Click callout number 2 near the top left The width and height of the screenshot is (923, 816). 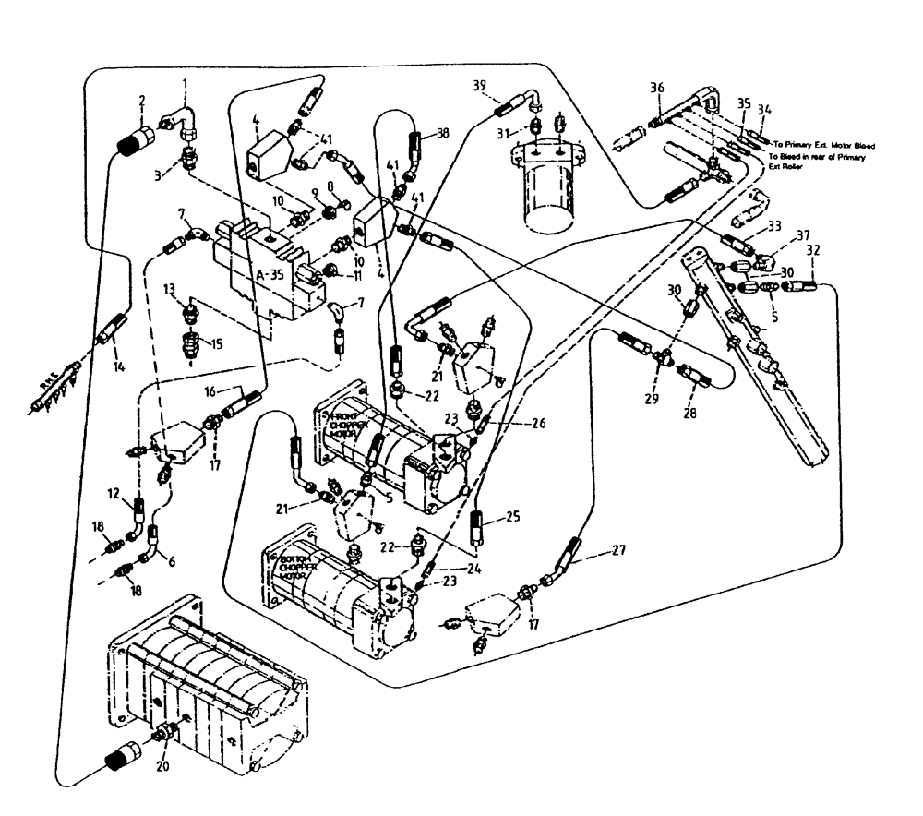click(141, 102)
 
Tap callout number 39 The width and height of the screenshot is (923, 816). click(479, 85)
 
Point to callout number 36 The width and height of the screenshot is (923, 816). click(656, 88)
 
